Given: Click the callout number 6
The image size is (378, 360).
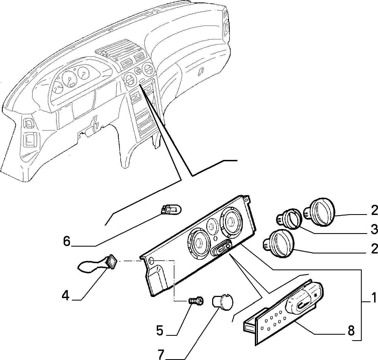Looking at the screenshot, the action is [67, 241].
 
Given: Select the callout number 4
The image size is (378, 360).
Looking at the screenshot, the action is [65, 296].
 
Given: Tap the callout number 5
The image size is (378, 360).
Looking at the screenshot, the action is [160, 331].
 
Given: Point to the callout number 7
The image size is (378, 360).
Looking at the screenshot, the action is [161, 354].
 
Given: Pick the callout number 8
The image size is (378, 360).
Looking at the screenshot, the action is [351, 331].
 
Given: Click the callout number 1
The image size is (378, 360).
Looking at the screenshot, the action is [374, 298].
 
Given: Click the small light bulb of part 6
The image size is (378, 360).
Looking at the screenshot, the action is [171, 210].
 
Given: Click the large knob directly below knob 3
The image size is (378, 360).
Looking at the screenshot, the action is [279, 243].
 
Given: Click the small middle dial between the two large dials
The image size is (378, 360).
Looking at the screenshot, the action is [212, 227].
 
